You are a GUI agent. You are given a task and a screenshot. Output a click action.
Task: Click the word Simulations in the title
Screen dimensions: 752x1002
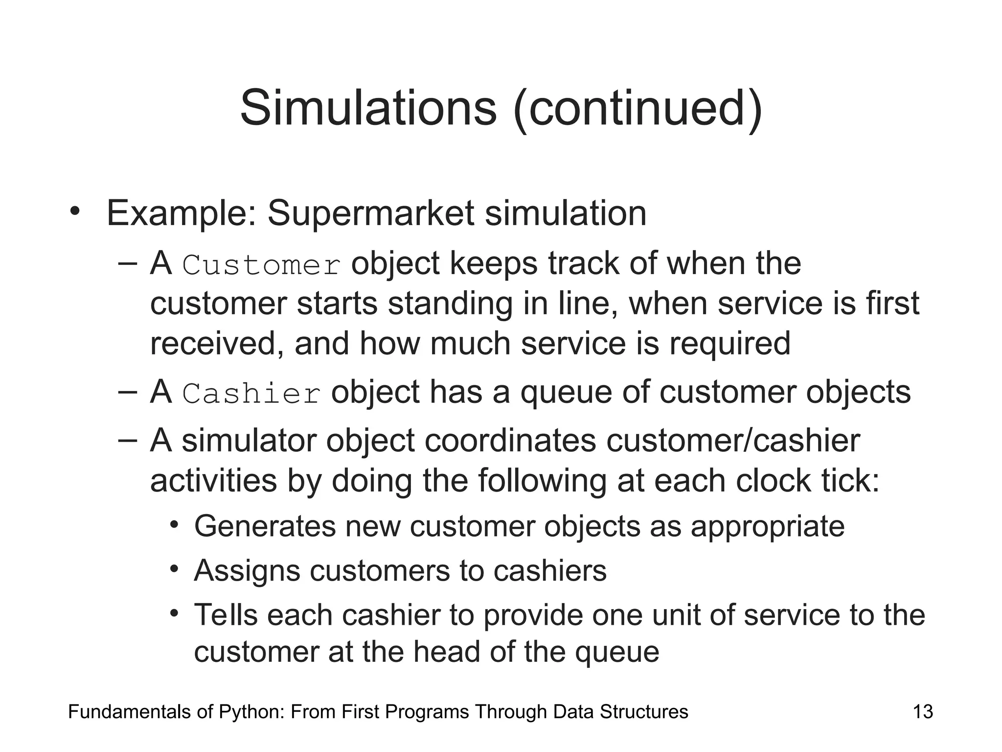pos(368,108)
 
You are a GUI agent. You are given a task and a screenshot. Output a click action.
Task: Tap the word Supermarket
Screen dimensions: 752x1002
pos(371,214)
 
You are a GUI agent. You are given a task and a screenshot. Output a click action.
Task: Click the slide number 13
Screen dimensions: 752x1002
pos(923,712)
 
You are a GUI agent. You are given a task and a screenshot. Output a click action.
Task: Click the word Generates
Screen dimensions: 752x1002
pos(265,527)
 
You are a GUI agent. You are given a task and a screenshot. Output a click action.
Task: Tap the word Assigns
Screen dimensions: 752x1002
pos(247,571)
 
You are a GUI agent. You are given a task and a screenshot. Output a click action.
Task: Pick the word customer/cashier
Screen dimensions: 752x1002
pos(732,441)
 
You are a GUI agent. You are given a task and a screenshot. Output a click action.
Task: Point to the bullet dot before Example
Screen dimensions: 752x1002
pos(74,212)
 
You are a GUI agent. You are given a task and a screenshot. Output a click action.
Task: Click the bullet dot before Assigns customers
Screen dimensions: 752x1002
pos(174,569)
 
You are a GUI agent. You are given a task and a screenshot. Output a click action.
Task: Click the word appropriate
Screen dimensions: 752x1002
pos(767,527)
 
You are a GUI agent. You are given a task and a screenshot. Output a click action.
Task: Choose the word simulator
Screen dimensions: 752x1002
pos(249,441)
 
